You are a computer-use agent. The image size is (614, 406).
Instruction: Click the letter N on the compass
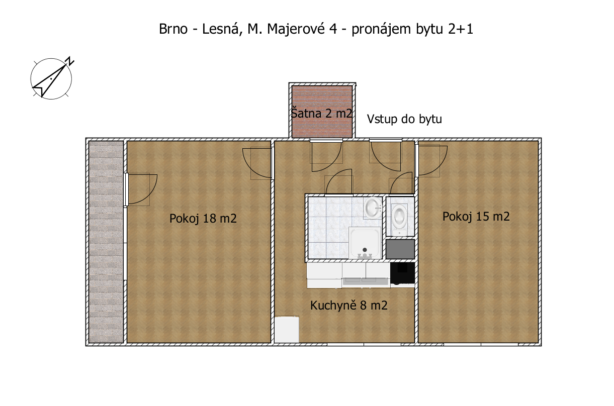[70, 61]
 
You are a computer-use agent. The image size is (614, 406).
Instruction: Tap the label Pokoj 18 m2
[203, 219]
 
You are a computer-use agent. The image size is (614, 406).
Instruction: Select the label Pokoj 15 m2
[476, 217]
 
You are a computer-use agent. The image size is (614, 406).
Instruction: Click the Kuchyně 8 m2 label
[349, 306]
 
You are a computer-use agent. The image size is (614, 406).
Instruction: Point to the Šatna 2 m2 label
[321, 113]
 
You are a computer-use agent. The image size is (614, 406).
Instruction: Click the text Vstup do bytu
[404, 119]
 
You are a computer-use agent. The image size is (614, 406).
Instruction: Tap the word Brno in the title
[173, 29]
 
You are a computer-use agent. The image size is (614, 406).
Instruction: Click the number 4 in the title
[333, 29]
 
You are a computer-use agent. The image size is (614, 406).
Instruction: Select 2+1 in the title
[461, 29]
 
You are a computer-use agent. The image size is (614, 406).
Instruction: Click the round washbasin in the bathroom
[373, 208]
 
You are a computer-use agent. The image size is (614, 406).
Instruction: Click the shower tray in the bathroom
[365, 243]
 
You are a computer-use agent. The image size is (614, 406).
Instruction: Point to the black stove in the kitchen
[402, 273]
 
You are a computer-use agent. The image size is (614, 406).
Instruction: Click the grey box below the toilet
[400, 249]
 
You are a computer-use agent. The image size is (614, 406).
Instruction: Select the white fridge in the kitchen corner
[287, 329]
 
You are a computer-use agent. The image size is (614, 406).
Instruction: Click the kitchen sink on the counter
[366, 280]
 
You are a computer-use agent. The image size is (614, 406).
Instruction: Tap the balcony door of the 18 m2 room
[140, 189]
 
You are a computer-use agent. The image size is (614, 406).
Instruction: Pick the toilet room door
[401, 183]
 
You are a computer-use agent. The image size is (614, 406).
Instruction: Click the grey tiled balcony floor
[106, 242]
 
